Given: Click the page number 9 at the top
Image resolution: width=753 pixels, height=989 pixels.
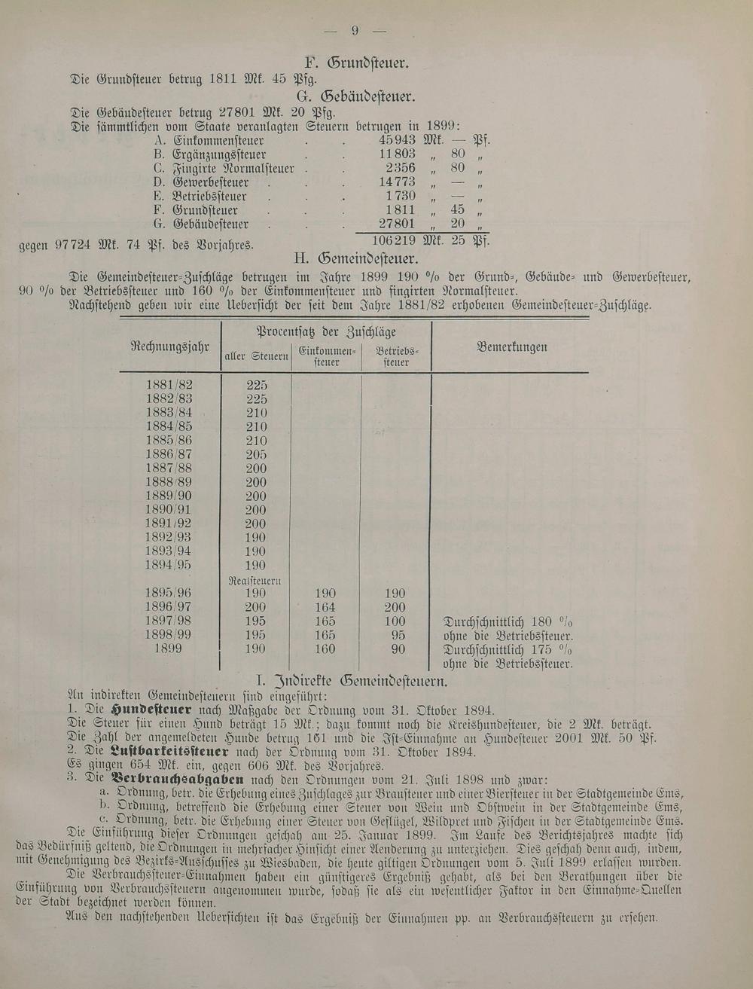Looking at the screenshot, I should [x=355, y=31].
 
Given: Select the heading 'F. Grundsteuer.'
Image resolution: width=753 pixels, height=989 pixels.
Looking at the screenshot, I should [x=356, y=63].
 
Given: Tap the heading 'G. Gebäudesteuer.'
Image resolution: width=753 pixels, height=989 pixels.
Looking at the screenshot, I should [x=356, y=96].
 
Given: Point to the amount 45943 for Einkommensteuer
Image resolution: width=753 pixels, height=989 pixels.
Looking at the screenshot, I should [x=397, y=140].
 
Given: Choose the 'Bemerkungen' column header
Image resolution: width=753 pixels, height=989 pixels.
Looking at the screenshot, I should [x=512, y=347].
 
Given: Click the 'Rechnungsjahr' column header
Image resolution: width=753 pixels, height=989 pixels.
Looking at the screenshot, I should [x=169, y=346].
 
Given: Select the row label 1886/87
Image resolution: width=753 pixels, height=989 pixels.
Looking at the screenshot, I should [x=169, y=454].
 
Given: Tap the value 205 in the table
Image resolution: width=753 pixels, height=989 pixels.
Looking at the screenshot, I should [x=256, y=454].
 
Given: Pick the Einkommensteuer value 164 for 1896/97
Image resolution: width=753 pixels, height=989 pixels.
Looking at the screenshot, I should [x=324, y=607].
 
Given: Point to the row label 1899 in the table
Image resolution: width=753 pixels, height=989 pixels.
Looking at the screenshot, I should [x=169, y=649].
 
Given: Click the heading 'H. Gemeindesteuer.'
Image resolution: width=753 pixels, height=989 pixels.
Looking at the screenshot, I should [x=355, y=258].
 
